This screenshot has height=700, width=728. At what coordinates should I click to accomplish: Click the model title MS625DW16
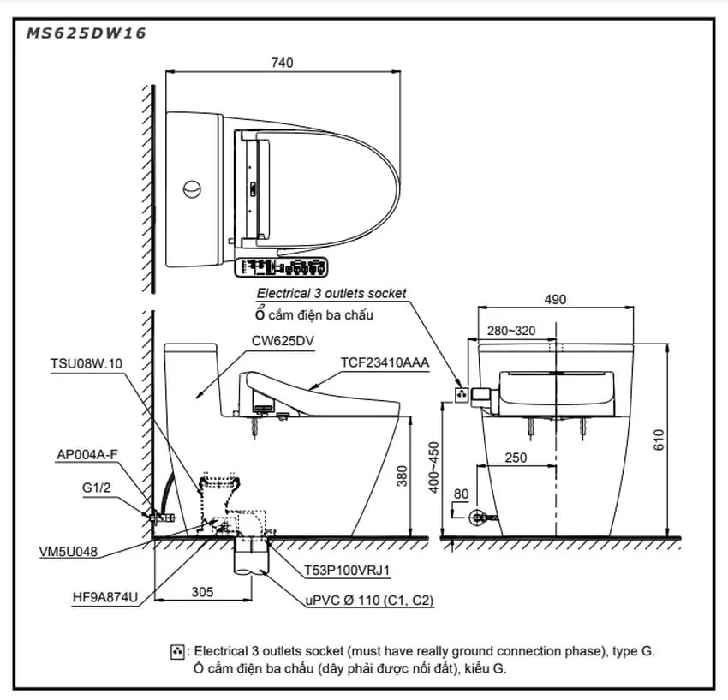pos(87,33)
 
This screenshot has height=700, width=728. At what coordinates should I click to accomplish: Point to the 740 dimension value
pos(283,63)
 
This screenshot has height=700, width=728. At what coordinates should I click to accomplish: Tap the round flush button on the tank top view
pos(192,189)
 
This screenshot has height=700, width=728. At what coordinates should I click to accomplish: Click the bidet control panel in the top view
pos(282,267)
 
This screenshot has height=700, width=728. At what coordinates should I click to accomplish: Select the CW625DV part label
pos(283,340)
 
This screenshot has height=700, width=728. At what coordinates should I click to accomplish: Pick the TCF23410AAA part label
pos(385,362)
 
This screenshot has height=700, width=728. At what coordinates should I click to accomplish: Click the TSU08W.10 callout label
pos(87,363)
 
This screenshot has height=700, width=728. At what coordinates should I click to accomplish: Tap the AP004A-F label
pos(87,454)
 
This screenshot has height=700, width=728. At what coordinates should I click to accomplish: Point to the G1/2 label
pos(96,488)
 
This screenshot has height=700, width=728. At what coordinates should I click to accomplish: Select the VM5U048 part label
pos(69,552)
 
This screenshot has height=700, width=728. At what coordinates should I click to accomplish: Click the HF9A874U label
pos(105,597)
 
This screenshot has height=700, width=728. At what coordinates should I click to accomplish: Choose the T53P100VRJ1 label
pos(347,571)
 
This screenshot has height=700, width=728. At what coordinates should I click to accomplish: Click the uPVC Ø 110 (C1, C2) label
pos(370,600)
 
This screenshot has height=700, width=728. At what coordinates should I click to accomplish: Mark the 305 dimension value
pos(202,592)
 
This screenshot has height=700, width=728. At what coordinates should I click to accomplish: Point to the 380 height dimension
pos(402,476)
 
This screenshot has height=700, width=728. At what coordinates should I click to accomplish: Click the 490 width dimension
pos(555,300)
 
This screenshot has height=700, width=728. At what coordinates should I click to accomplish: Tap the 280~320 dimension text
pos(511,331)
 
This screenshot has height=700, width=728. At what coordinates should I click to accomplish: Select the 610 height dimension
pos(659,440)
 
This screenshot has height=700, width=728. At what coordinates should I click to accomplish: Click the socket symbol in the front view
pos(462,395)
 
